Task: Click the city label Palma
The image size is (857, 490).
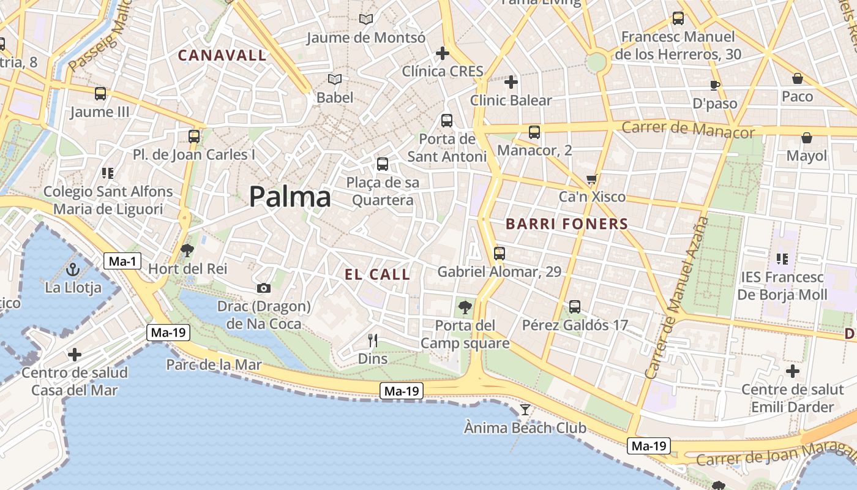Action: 290,197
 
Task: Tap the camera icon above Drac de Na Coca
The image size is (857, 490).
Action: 263,288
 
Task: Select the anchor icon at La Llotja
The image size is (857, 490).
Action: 73,269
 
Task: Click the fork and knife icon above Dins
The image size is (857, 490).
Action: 372,341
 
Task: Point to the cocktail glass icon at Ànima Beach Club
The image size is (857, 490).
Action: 525,410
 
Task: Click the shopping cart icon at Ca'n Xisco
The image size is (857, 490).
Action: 591,179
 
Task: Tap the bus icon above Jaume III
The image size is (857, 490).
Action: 100,94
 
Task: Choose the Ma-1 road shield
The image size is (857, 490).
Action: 122,262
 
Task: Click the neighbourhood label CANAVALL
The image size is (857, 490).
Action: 222,56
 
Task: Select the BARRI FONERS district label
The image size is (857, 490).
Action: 567,224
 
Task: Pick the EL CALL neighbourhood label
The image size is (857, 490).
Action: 377,274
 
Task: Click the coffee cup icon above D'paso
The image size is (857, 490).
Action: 714,85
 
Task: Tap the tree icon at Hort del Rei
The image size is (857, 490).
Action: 187,250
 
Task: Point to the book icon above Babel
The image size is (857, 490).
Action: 335,80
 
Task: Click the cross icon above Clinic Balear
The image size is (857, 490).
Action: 511,82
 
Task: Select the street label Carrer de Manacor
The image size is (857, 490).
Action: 688,130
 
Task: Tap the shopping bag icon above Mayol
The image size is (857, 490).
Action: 806,138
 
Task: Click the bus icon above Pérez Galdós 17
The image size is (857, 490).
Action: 574,307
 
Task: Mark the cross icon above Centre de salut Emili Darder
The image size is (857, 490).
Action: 792,371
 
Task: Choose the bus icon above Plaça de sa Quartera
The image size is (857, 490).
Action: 383,164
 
